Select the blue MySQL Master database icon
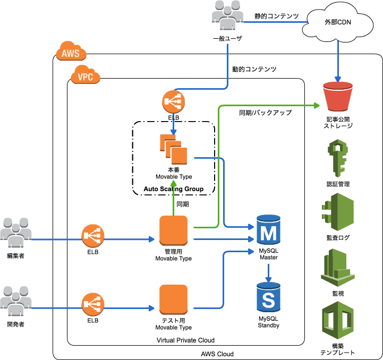[268, 230]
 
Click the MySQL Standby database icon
[268, 298]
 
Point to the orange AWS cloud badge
[71, 53]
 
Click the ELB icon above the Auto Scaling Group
[173, 101]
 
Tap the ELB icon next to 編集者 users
[93, 236]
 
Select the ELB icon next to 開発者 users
[93, 304]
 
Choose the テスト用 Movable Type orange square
[174, 299]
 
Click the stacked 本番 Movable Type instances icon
[174, 149]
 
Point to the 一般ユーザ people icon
[227, 16]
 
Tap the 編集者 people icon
[16, 234]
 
